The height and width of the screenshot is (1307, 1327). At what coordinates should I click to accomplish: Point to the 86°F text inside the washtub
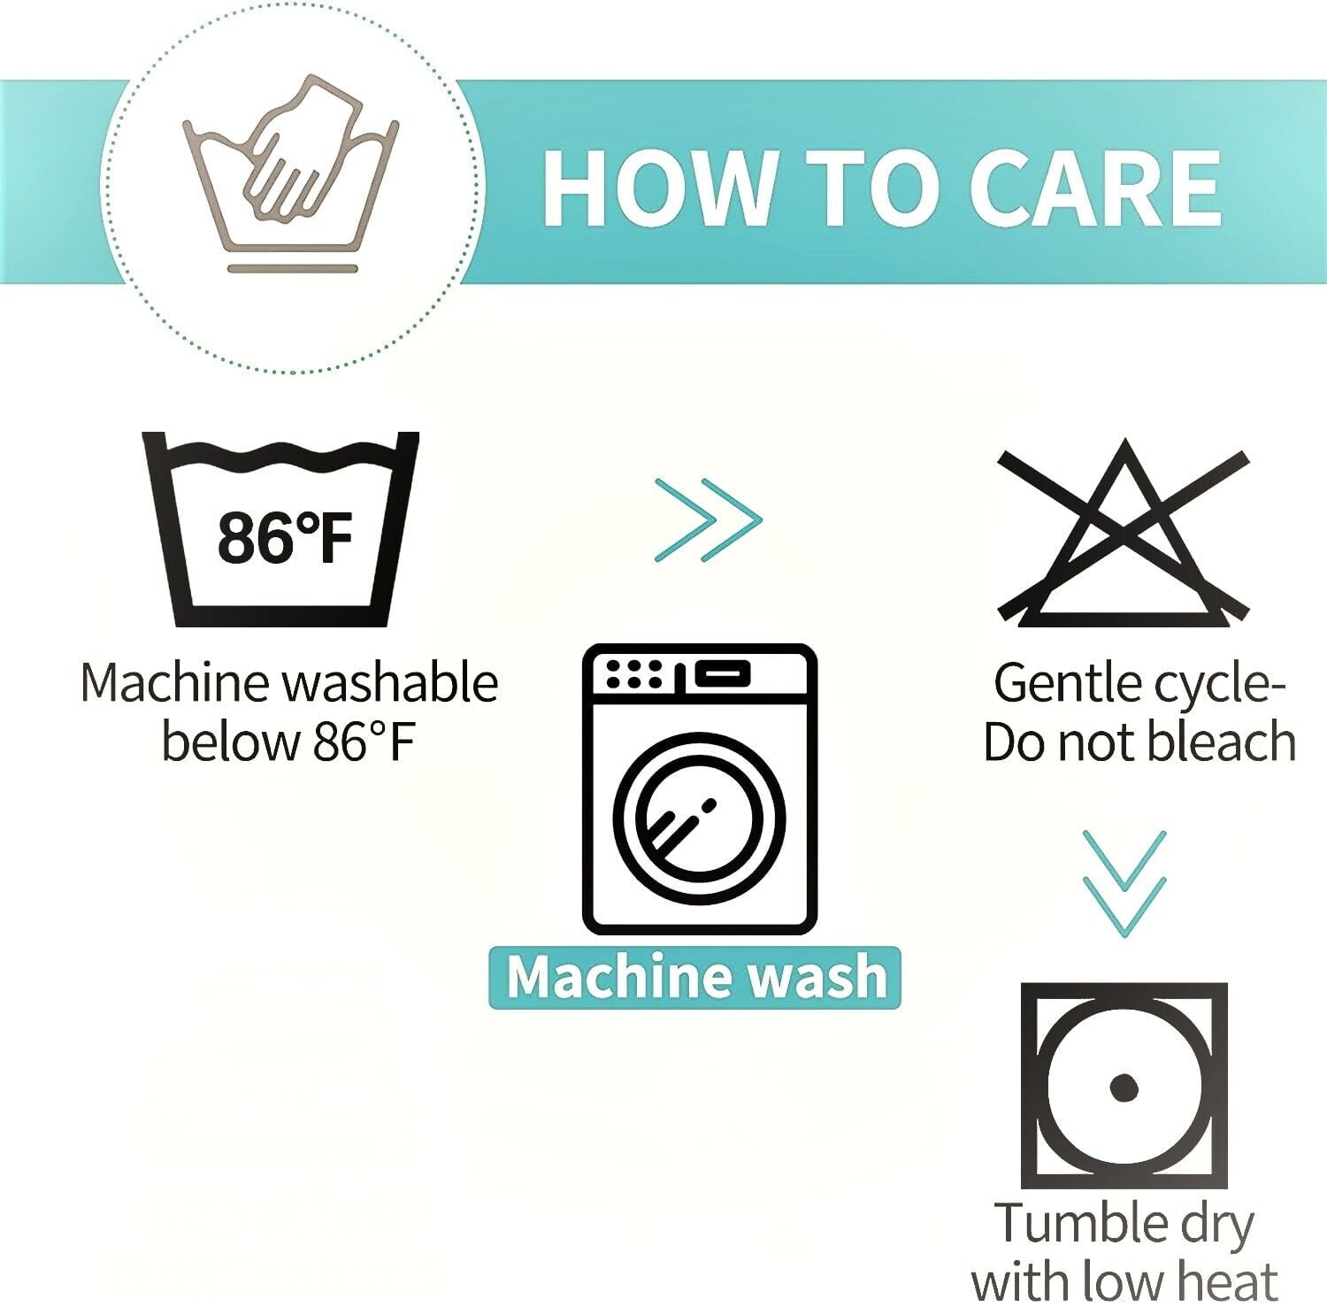coord(285,537)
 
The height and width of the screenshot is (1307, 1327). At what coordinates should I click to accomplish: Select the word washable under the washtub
coord(390,683)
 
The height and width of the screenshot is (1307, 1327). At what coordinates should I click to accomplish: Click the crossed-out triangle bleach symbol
coord(1124,533)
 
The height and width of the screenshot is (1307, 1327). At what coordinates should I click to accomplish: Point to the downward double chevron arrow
coord(1124,883)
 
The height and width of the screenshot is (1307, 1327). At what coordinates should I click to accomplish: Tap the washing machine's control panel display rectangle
coord(722,674)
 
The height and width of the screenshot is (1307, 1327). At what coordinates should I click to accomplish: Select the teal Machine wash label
coord(695,977)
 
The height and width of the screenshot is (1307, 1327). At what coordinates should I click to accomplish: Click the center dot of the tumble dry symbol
coord(1124,1087)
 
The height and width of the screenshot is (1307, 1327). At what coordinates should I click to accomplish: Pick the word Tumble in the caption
coord(1075,1223)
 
